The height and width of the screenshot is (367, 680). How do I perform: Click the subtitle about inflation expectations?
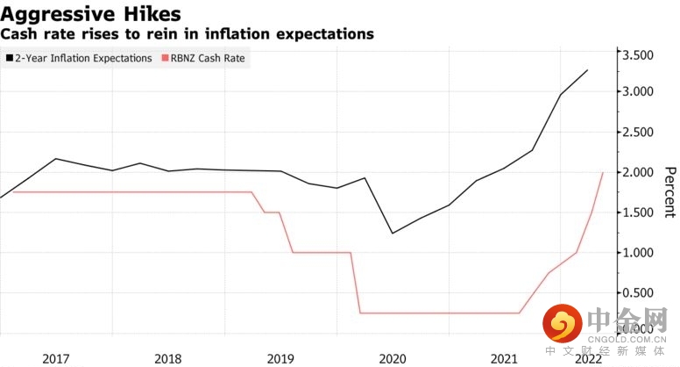(187, 34)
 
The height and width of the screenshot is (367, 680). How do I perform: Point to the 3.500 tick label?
(648, 54)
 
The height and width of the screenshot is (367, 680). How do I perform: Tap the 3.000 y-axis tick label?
(648, 91)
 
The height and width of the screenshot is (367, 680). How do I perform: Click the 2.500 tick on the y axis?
(648, 132)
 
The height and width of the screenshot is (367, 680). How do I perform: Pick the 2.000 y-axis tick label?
(648, 172)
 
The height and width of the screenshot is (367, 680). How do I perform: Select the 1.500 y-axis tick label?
(648, 212)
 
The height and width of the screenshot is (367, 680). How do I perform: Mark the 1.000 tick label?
(648, 253)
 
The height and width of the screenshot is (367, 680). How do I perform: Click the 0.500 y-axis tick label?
(648, 293)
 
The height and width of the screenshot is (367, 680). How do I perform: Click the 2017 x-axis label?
(56, 359)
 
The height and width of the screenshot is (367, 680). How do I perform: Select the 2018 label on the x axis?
(167, 359)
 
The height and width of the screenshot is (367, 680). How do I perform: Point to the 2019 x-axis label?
(280, 359)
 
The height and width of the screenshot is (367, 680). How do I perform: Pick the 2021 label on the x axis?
(503, 359)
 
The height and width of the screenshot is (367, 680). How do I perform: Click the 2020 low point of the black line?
(392, 233)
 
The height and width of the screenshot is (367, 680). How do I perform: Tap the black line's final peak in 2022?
(587, 70)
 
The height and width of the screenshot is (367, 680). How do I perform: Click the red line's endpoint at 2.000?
(602, 172)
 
